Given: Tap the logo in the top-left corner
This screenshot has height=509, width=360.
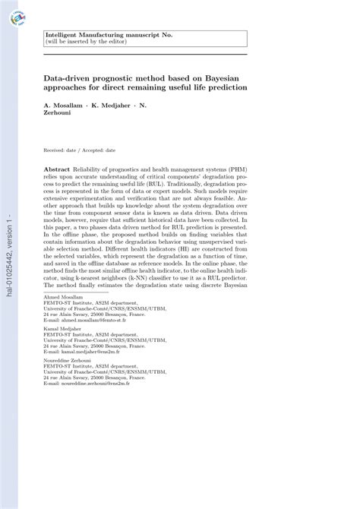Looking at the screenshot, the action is coord(15,14).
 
